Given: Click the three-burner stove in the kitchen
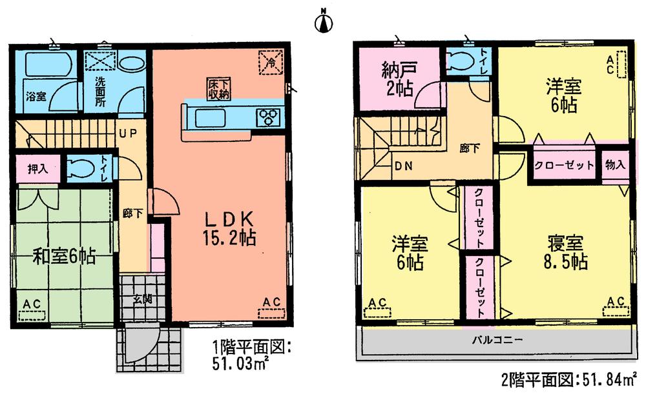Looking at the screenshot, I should (270, 117).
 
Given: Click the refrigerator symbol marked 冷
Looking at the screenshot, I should (270, 62).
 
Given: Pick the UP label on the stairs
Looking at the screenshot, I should (126, 134).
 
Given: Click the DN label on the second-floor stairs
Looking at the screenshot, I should (404, 166).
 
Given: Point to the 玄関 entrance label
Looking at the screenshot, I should (143, 299).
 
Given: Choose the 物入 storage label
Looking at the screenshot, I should (615, 165).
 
